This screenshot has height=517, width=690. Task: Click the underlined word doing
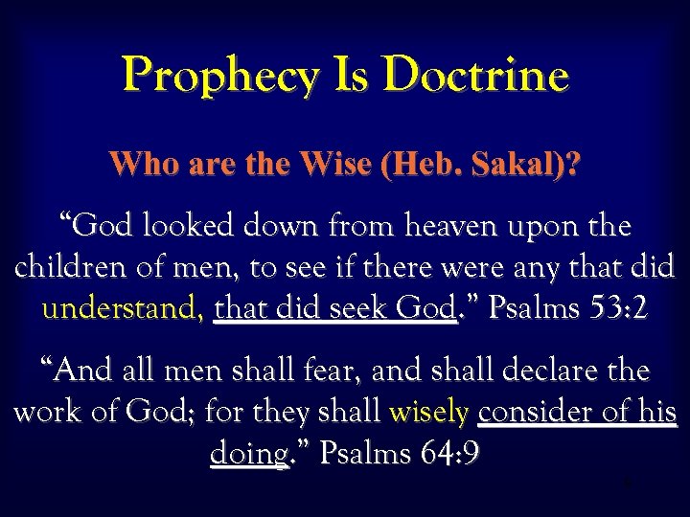tap(248, 454)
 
